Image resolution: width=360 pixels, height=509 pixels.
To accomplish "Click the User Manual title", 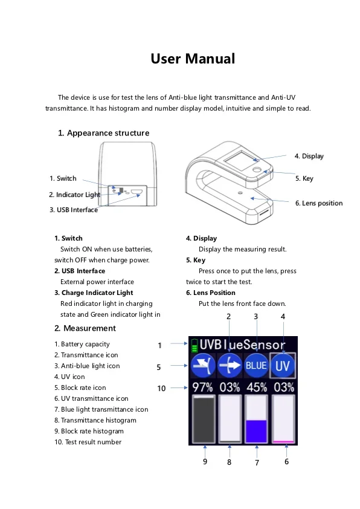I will point(192,59).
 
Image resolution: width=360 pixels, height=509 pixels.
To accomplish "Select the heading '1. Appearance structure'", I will point(103,133).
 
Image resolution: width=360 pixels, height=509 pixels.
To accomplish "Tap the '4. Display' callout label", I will point(309,156).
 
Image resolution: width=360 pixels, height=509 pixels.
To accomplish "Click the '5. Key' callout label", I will point(304,178).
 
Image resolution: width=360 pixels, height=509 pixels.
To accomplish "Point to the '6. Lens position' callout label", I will point(318,203).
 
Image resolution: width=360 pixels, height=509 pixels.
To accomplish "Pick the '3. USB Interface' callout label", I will point(74,210).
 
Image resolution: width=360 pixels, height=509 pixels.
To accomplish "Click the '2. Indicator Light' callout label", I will point(74,195).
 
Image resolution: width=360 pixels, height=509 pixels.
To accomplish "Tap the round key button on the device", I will point(257,172).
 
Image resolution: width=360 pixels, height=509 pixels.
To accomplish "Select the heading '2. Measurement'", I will point(85,328).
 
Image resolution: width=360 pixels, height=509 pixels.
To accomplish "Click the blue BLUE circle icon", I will point(256,366).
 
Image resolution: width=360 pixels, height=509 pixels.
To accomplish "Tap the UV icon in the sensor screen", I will point(283,366).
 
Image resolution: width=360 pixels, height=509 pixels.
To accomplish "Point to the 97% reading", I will point(202,387).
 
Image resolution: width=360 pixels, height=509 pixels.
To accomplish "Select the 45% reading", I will point(256,387).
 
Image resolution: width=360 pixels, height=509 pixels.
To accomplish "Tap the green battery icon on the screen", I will point(194,346).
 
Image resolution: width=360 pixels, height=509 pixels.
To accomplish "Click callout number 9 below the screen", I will point(205,462).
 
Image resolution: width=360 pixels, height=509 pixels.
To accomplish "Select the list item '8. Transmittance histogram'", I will point(95,420).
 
